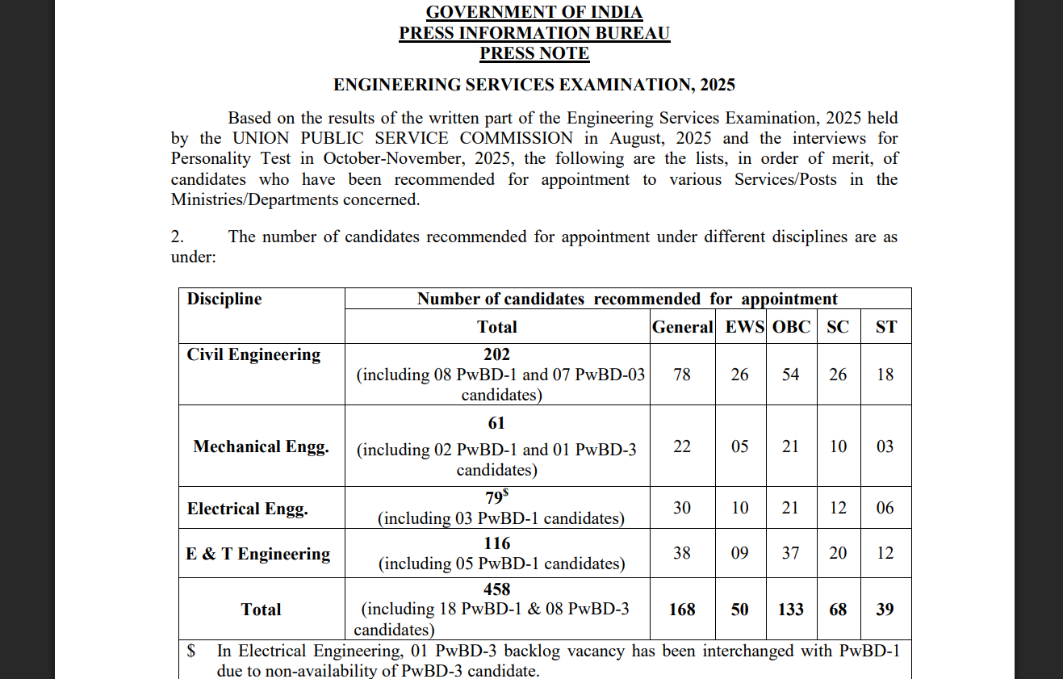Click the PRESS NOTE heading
[x=534, y=54]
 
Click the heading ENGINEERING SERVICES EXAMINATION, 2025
[x=534, y=85]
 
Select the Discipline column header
[x=224, y=299]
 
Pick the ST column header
[x=885, y=327]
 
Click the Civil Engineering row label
[x=253, y=354]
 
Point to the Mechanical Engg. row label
[x=261, y=446]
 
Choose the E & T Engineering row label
[x=257, y=554]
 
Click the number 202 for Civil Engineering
[x=496, y=354]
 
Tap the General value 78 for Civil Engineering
[x=682, y=375]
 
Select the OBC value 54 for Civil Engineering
[x=790, y=375]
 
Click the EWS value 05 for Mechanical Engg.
[x=740, y=446]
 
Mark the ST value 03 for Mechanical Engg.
[x=885, y=446]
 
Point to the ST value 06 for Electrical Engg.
[x=885, y=508]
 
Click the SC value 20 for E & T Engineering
[x=839, y=553]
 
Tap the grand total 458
[x=496, y=589]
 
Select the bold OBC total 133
[x=790, y=610]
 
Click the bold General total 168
[x=682, y=610]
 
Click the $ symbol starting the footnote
[x=191, y=651]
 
